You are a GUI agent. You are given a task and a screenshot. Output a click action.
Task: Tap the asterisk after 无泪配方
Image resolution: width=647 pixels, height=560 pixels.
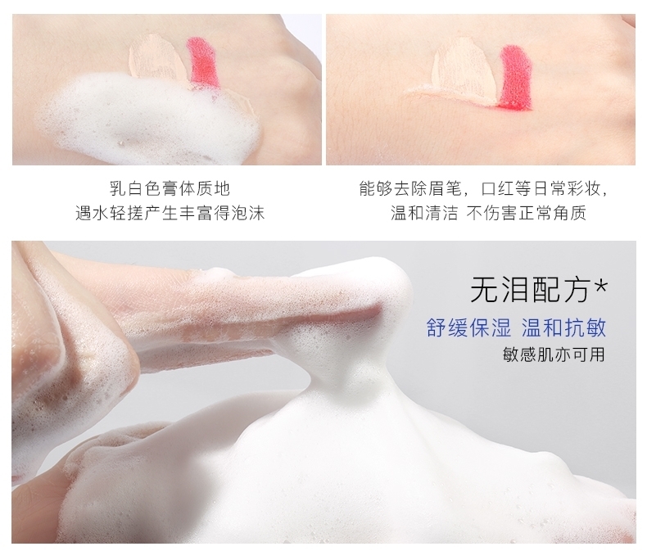(x=600, y=286)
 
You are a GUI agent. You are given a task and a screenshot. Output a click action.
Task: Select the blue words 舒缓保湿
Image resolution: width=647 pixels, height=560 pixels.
(x=468, y=327)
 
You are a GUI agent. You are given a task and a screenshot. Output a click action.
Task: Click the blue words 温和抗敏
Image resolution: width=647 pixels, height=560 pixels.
(x=563, y=327)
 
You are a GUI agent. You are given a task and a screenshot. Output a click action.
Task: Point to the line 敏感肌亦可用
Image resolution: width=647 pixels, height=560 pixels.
(x=554, y=355)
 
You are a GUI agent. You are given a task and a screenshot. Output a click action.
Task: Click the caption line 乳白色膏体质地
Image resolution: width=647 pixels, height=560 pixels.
(x=170, y=188)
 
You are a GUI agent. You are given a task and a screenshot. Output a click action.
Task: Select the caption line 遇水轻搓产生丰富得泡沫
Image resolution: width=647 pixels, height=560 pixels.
(x=170, y=213)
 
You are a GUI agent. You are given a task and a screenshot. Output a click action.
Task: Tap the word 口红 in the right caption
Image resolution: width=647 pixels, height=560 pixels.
(x=499, y=188)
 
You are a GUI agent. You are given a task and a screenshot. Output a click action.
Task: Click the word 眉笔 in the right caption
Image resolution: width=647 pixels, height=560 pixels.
(x=446, y=188)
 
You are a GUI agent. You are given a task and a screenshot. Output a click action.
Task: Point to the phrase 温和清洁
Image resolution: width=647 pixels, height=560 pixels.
(x=424, y=213)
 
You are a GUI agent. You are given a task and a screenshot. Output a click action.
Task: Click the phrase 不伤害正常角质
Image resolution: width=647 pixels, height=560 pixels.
(x=527, y=213)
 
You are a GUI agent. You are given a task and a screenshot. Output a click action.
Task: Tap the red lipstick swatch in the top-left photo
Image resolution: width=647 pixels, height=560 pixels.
(x=203, y=62)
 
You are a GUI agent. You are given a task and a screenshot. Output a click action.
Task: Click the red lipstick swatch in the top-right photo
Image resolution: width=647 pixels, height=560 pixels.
(x=515, y=78)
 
